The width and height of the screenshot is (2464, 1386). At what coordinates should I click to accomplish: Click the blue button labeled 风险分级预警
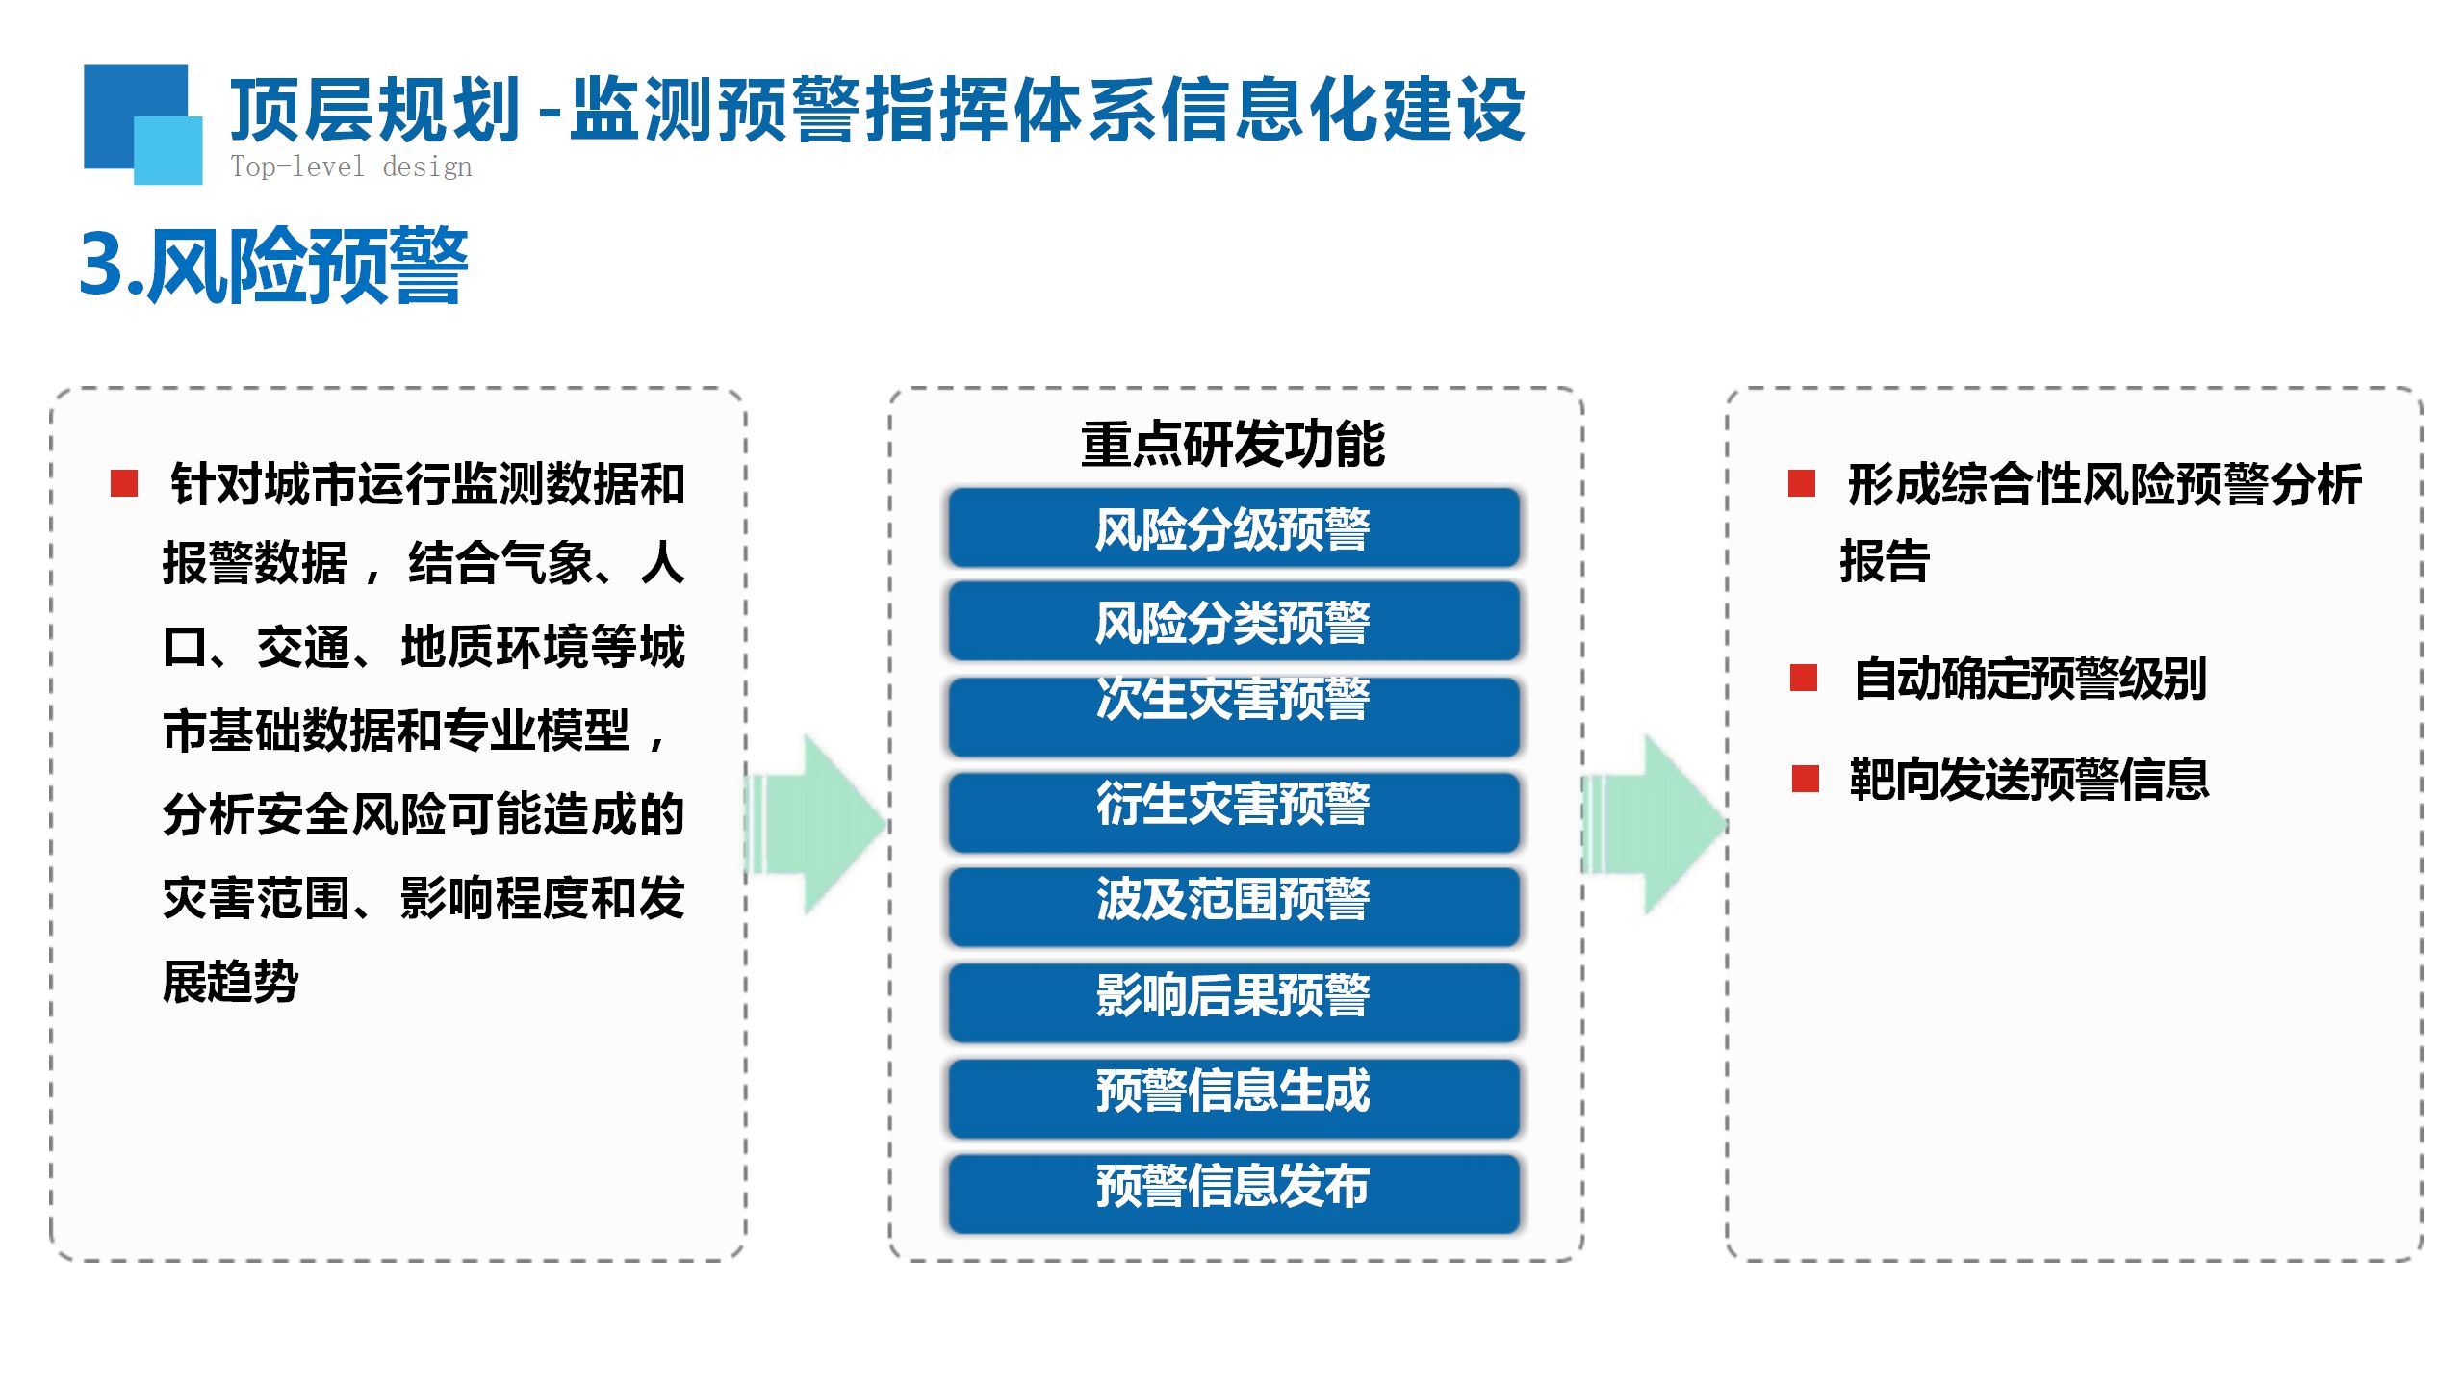click(1233, 528)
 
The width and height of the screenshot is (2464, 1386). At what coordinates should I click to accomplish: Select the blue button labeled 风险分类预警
click(1233, 622)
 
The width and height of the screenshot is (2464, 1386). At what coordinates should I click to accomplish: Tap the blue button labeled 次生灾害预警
click(1233, 716)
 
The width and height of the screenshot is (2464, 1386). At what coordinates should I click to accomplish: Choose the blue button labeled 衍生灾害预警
click(1233, 811)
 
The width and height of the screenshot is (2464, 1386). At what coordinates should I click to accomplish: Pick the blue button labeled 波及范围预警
click(1233, 906)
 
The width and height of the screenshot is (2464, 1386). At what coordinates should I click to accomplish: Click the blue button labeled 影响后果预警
click(1233, 1001)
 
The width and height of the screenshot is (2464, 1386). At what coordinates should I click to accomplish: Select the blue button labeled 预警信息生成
click(1233, 1096)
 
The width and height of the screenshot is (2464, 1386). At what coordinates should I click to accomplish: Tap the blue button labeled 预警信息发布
click(1233, 1192)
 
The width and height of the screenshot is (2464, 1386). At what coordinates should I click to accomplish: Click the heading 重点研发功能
click(1233, 444)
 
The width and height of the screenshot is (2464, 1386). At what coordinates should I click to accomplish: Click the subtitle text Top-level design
click(351, 167)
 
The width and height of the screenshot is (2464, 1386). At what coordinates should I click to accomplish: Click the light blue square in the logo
click(169, 149)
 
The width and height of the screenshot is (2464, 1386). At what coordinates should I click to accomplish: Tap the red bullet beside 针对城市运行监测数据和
click(124, 483)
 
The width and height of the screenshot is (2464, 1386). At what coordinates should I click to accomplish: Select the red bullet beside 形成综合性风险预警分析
click(1801, 483)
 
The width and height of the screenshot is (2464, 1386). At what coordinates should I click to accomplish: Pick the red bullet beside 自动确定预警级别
click(1803, 678)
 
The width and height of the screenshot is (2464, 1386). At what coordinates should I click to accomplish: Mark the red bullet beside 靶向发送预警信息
click(1805, 779)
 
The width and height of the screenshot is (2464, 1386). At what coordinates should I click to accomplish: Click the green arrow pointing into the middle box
click(818, 824)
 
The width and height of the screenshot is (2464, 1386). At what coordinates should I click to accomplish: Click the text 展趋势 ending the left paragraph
click(231, 982)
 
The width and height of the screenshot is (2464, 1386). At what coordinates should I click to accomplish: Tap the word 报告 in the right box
click(1885, 561)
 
